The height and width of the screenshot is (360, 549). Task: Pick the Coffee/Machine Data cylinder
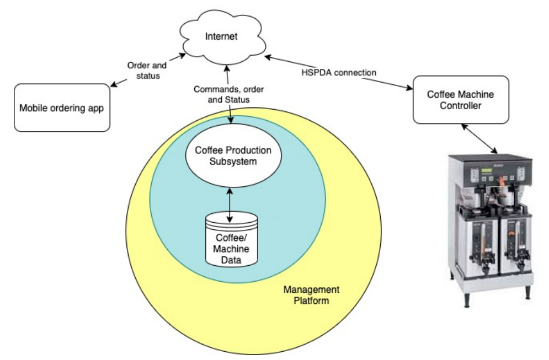(231, 240)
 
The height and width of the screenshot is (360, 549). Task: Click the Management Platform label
(311, 295)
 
